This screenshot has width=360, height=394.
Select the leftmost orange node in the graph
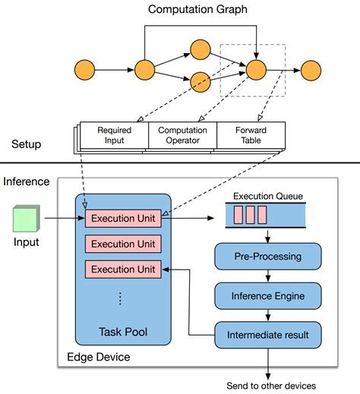click(84, 71)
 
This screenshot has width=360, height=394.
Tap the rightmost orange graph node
click(311, 71)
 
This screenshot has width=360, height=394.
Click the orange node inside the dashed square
click(255, 71)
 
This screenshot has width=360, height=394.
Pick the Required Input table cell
click(114, 135)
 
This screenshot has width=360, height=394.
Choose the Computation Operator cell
click(182, 135)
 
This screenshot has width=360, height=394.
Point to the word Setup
click(27, 144)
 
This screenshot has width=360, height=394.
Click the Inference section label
click(27, 182)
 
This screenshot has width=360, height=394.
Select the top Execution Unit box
click(123, 219)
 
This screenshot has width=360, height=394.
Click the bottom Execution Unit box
click(123, 269)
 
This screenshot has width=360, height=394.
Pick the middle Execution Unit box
click(123, 244)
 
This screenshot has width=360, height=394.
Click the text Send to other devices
click(271, 385)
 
